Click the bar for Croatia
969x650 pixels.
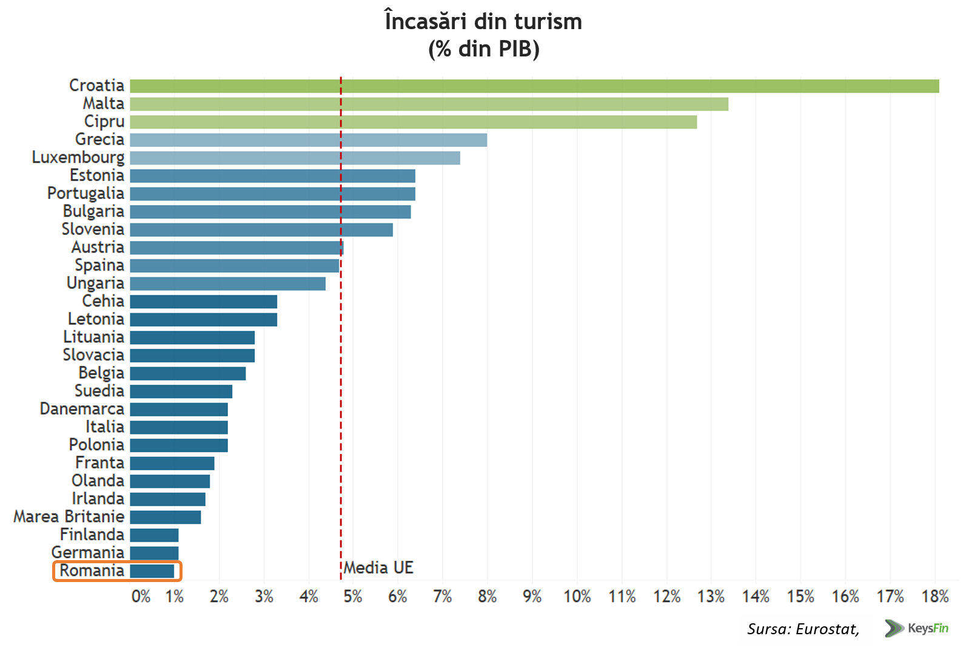(x=534, y=86)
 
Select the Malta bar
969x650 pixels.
(x=429, y=104)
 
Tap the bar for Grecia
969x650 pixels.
(x=308, y=140)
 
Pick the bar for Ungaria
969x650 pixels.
(x=227, y=283)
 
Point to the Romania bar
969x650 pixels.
(x=152, y=571)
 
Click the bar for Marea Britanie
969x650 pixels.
(x=165, y=517)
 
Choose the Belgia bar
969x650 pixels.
(x=187, y=373)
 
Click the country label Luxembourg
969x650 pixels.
(x=78, y=158)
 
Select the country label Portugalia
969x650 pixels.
(x=85, y=194)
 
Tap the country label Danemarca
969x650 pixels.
(x=82, y=409)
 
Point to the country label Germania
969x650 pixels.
(x=87, y=553)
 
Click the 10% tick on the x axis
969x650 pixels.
(x=577, y=597)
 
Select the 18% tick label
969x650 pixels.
(x=934, y=597)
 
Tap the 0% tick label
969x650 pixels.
(x=141, y=597)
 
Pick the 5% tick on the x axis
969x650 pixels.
(x=352, y=597)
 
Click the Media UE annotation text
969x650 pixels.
(x=378, y=568)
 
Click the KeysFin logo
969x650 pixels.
(x=916, y=628)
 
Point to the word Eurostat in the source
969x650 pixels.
(x=827, y=629)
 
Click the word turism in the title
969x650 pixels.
(x=548, y=22)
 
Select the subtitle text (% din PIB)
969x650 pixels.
(x=483, y=49)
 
